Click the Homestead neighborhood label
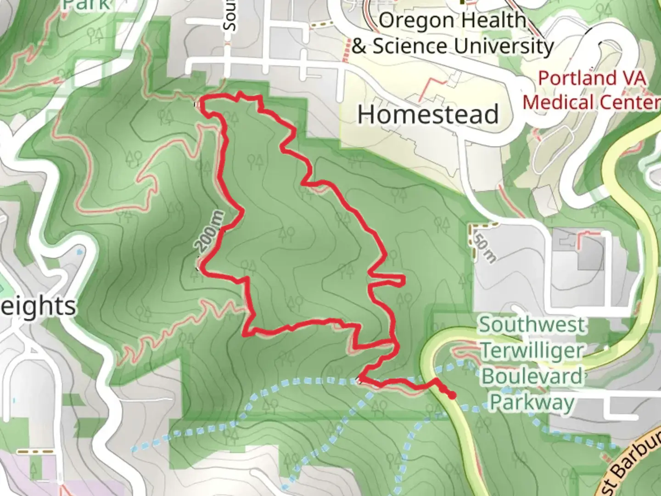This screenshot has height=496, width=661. tap(428, 114)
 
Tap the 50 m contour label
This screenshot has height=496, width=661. tap(484, 250)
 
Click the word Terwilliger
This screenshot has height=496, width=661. tap(532, 351)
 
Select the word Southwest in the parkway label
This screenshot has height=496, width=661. tap(532, 325)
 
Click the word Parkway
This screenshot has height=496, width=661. tap(532, 402)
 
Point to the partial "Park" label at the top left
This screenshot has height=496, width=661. tap(86, 5)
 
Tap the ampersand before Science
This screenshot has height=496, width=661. tap(359, 46)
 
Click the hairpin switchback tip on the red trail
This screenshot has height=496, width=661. tap(403, 280)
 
